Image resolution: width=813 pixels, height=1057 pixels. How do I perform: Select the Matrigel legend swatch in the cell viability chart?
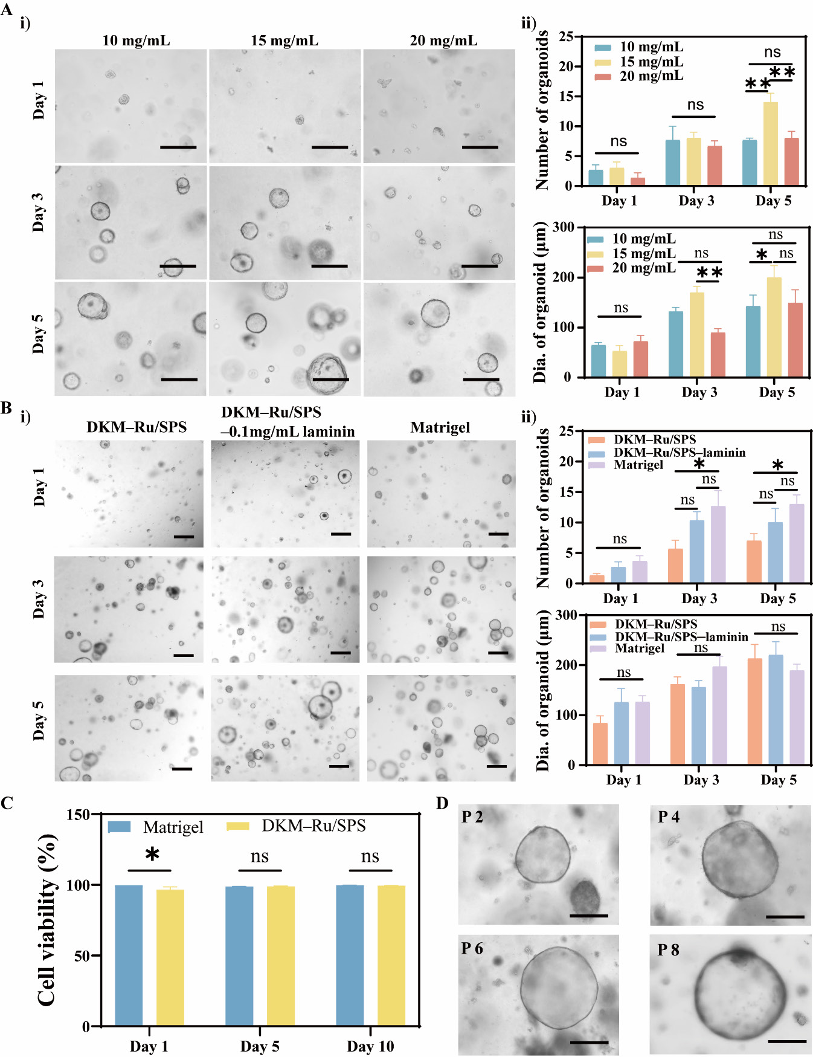[x=119, y=827]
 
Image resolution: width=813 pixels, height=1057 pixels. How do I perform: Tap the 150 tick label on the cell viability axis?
[x=79, y=815]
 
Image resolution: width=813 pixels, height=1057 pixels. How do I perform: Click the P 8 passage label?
[x=668, y=950]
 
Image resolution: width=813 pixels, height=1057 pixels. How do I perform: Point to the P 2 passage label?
[x=472, y=817]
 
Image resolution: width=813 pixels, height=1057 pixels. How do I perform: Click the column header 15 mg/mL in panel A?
[x=284, y=40]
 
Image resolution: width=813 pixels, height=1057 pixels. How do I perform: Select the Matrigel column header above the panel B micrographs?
[x=440, y=427]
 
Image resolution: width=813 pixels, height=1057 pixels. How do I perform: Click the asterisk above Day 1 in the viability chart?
[x=152, y=855]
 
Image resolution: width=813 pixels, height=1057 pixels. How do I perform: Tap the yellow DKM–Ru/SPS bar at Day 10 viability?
[x=391, y=955]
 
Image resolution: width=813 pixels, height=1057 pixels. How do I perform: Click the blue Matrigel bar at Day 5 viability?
[x=239, y=956]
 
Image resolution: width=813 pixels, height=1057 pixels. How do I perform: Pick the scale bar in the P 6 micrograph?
[x=588, y=1042]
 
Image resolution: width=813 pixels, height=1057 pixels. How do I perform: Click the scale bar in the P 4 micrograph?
[x=785, y=917]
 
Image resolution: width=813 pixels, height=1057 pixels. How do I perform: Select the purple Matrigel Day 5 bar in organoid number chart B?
[x=797, y=543]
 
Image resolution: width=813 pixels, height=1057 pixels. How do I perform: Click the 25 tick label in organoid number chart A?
[x=566, y=36]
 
